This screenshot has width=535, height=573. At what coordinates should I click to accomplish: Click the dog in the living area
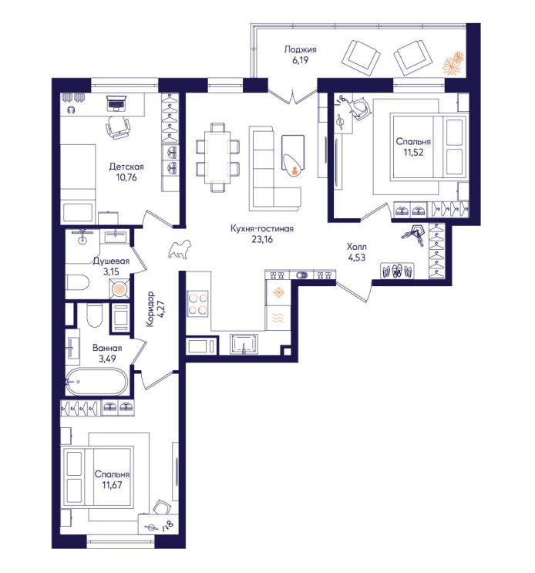(180, 249)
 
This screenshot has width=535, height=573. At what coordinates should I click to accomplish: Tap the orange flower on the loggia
(453, 63)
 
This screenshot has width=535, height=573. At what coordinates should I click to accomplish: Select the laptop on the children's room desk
(116, 103)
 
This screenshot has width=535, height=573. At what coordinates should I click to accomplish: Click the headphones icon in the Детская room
(71, 110)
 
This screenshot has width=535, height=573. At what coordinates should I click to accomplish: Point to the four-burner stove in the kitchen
(197, 303)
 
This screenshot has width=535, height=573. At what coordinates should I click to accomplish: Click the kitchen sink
(244, 344)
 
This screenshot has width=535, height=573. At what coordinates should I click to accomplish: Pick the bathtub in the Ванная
(96, 382)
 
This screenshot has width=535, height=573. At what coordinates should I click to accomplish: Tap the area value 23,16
(262, 239)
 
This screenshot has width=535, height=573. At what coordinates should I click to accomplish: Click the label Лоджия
(300, 49)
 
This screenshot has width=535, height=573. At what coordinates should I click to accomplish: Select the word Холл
(357, 247)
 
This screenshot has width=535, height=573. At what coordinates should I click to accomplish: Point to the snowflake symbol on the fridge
(279, 292)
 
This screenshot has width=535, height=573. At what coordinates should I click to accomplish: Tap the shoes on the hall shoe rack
(397, 271)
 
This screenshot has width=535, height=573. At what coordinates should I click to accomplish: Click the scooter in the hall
(415, 235)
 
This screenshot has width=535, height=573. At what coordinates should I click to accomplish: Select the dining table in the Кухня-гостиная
(217, 157)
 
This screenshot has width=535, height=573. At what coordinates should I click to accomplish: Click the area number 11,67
(112, 485)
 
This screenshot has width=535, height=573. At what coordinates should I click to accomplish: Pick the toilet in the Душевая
(77, 283)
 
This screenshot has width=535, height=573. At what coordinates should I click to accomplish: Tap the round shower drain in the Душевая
(119, 289)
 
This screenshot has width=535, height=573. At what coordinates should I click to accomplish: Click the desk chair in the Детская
(118, 127)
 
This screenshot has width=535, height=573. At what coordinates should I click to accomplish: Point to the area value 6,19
(300, 60)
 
